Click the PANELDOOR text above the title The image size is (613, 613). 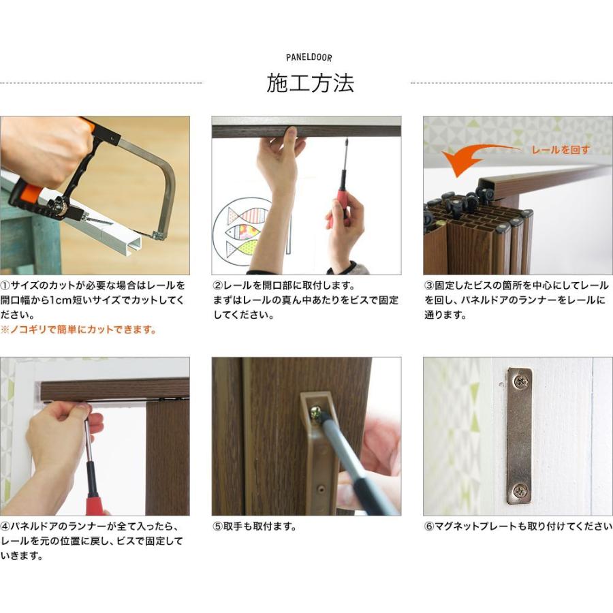309,58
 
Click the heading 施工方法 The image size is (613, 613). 310,83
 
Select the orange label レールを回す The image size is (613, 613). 561,150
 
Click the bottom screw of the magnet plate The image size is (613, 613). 520,491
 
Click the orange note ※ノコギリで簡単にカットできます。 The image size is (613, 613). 78,330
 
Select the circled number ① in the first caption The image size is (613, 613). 5,285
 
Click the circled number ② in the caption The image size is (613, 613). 217,285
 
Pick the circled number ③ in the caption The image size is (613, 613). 429,285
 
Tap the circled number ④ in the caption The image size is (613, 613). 5,526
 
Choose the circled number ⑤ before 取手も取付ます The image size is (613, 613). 217,526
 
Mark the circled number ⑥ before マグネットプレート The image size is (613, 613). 429,526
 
